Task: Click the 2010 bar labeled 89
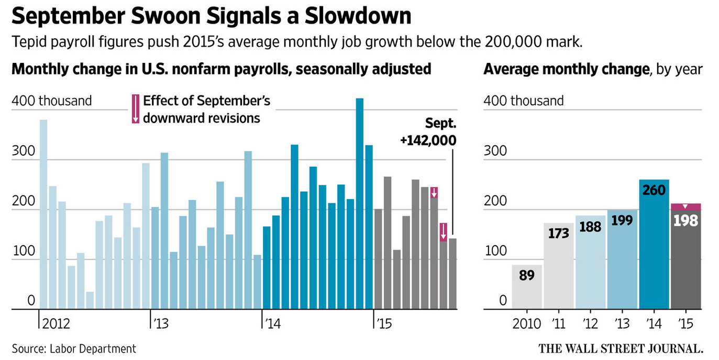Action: point(527,287)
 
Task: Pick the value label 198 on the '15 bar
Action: point(685,221)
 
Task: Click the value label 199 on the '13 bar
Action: point(622,221)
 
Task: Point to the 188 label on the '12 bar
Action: point(590,226)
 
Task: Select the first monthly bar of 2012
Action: point(43,214)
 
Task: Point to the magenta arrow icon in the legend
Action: point(135,108)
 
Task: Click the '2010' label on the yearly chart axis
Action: point(527,324)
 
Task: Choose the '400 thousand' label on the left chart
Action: point(52,101)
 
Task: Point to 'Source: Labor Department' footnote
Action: point(74,348)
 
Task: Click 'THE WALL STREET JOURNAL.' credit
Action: point(621,348)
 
